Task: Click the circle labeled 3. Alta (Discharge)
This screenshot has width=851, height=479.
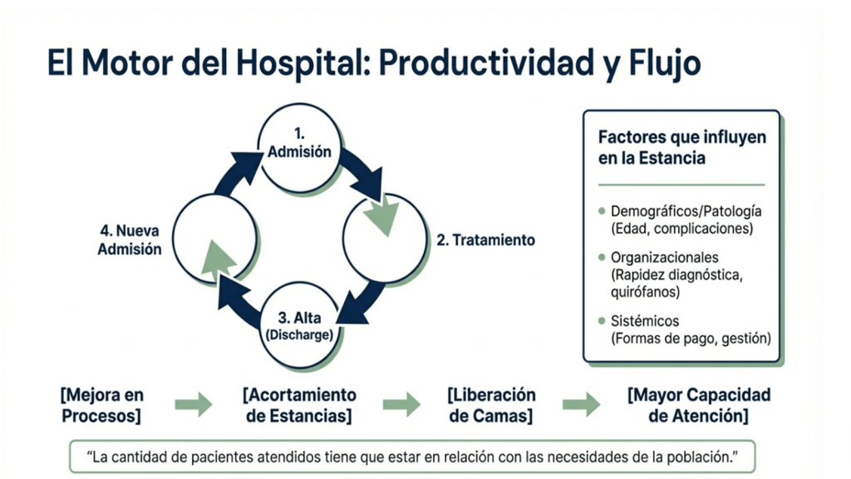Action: click(299, 325)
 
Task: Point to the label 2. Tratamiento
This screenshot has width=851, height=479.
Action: click(486, 240)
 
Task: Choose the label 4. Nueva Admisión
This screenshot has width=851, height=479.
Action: click(130, 239)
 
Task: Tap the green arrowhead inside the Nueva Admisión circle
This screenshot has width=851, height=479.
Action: click(219, 257)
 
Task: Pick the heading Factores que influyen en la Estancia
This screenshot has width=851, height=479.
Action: click(681, 146)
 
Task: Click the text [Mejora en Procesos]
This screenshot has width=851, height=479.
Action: click(101, 405)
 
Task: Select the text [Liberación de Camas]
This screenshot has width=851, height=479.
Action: click(491, 405)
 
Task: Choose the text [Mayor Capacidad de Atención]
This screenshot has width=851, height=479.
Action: click(699, 405)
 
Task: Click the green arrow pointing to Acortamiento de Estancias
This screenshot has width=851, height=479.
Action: click(193, 405)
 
